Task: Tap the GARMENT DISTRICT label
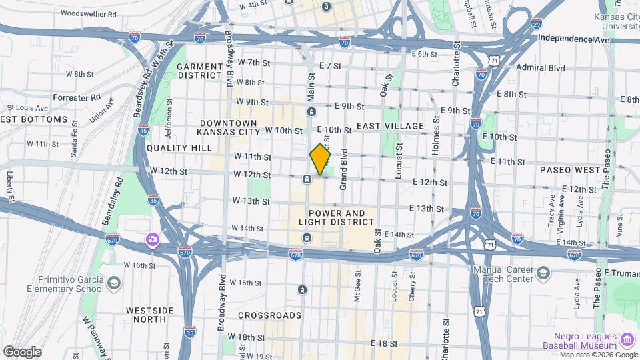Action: coord(199,71)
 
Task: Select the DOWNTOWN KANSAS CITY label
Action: coord(229,129)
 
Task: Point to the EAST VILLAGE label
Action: coord(390,126)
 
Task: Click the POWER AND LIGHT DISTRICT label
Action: coord(332,217)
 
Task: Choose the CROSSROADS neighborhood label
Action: coord(269,315)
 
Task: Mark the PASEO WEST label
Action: coord(570,170)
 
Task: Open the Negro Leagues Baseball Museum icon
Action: coord(627,341)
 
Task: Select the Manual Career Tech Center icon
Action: coord(543,273)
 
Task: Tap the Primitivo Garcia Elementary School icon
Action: coord(114,285)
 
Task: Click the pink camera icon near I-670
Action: coord(153,239)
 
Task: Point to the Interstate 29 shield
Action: coord(537,23)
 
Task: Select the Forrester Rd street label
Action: coord(77,97)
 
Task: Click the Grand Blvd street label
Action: coord(345,169)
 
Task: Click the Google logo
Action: coord(22,351)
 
